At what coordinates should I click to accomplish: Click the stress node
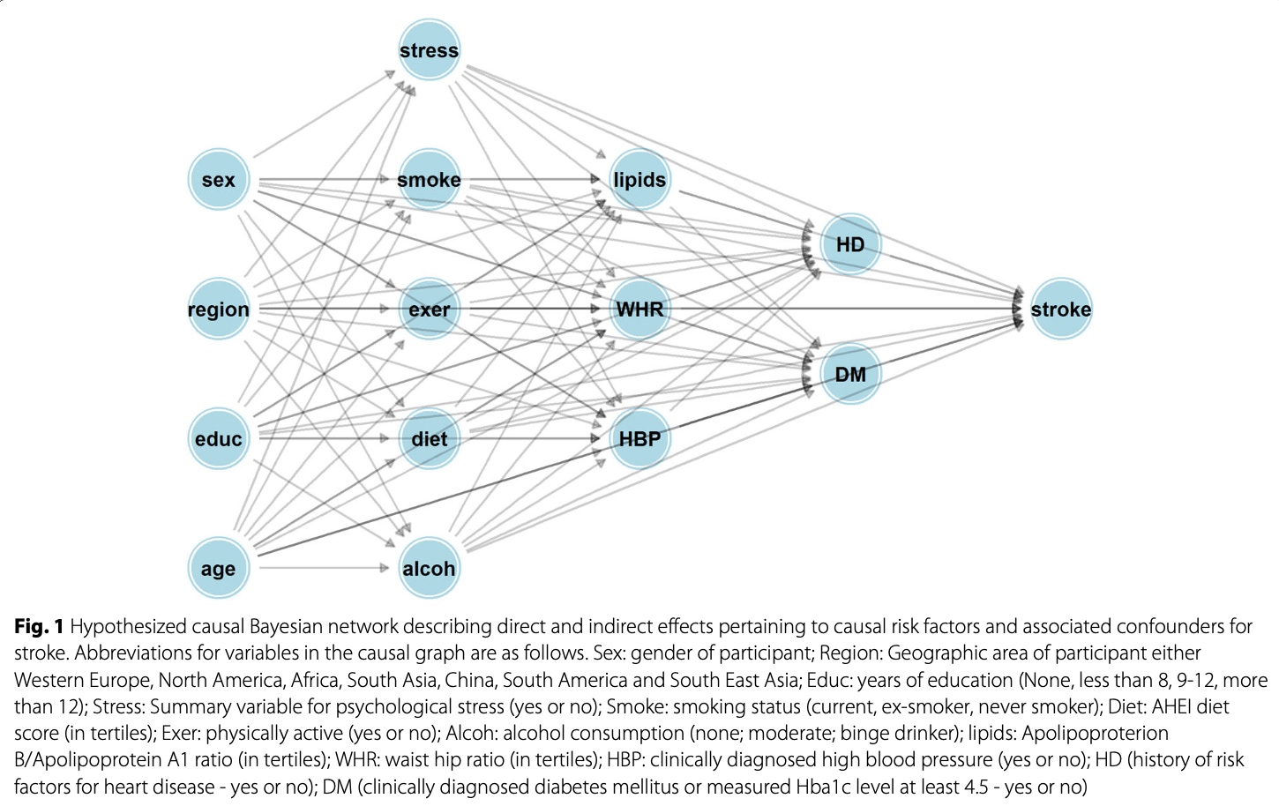tap(429, 50)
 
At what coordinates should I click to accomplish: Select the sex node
tap(218, 180)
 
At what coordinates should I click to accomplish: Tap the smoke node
tap(429, 180)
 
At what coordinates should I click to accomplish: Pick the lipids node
tap(639, 180)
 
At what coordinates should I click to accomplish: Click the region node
tap(218, 310)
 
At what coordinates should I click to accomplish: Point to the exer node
tap(429, 310)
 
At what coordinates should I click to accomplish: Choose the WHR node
tap(639, 310)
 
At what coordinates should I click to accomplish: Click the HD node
tap(850, 244)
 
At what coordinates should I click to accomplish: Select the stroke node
tap(1061, 310)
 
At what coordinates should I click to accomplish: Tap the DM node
tap(850, 374)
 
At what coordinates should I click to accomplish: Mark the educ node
tap(218, 439)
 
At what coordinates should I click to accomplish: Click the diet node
tap(429, 439)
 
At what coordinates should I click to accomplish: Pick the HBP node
tap(639, 439)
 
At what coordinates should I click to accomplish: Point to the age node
tap(218, 569)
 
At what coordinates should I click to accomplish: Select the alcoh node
tap(429, 569)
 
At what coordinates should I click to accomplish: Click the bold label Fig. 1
tap(39, 627)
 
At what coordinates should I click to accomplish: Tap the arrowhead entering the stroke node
tap(1019, 309)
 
